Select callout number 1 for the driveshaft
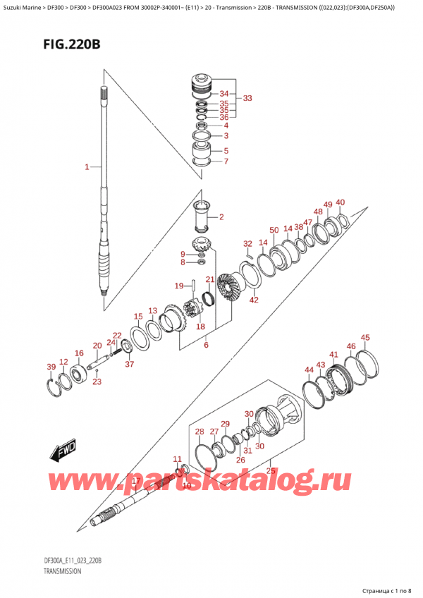coord(87,167)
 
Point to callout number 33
coord(247,98)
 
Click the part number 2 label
coord(221,216)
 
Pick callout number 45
coord(364,338)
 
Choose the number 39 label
coord(50,367)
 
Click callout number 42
coord(254,300)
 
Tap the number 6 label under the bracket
coord(205,345)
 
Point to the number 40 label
coord(341,202)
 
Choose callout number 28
coord(200,432)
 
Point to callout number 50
coord(274,230)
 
